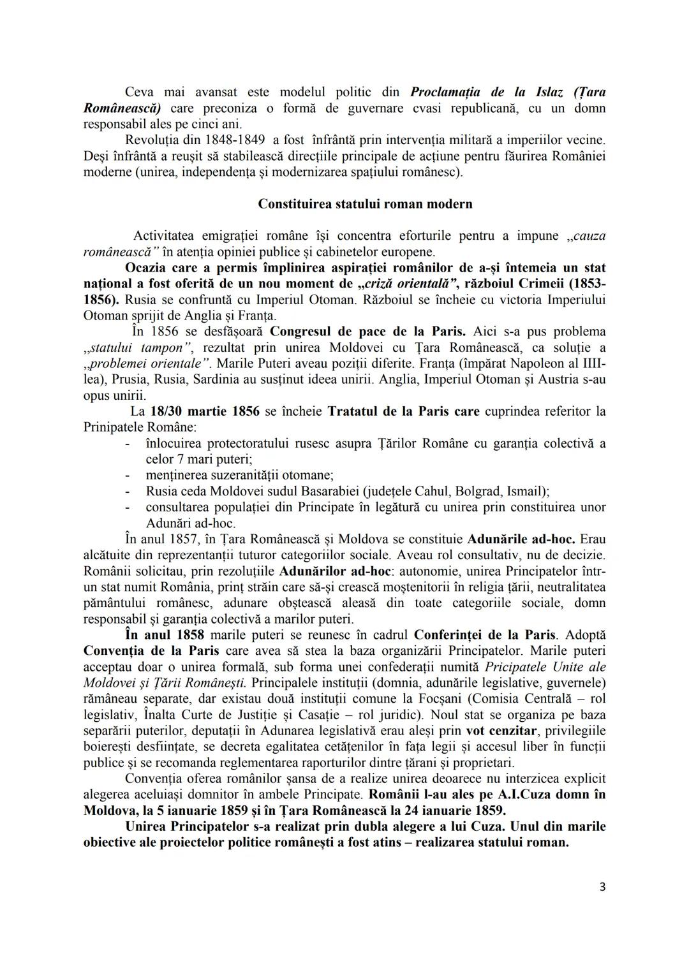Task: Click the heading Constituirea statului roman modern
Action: tap(365, 204)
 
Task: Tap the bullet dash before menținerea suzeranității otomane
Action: tap(128, 476)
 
